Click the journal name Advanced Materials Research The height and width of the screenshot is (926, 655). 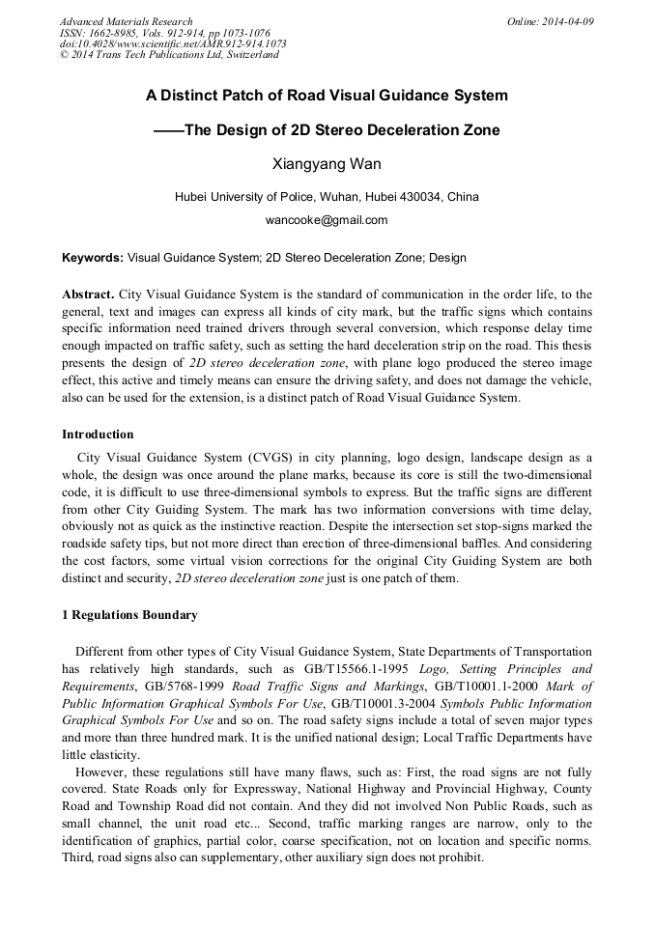(126, 21)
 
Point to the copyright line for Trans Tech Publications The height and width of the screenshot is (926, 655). (169, 55)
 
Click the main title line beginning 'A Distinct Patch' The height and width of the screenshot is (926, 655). (327, 96)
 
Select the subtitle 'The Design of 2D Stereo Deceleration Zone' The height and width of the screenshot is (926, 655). (342, 130)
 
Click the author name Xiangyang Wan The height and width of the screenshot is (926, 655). (327, 164)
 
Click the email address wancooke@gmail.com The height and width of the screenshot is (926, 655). (327, 220)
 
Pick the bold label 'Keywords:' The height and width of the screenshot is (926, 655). (93, 258)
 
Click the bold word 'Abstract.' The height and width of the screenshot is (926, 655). (89, 295)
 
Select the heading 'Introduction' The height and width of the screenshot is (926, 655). (98, 435)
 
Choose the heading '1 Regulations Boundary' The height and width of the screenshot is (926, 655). (129, 615)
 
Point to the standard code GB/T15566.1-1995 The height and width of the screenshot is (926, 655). (338, 667)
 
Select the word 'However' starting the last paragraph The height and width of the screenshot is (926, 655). (100, 772)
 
